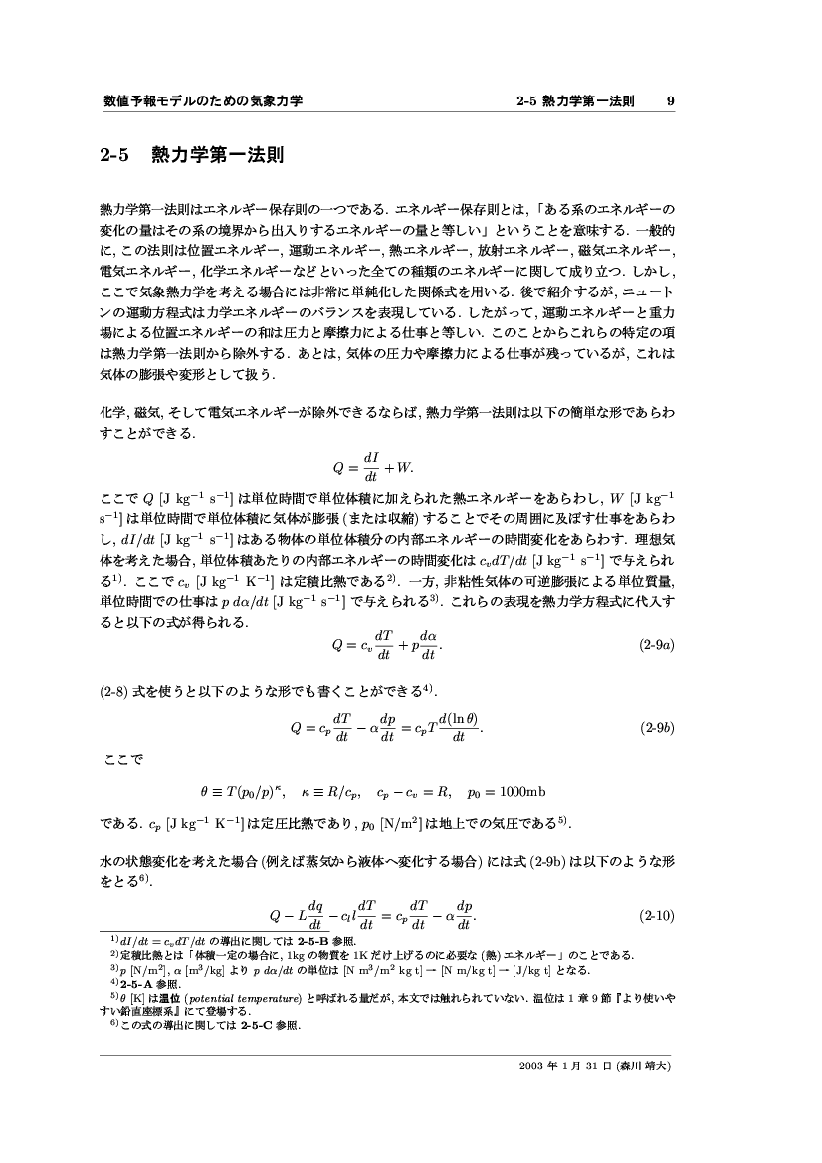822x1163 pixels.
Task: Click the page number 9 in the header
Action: (671, 101)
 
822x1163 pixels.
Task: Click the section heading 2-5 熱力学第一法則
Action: (193, 156)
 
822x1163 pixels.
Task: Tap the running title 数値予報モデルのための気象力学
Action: (203, 101)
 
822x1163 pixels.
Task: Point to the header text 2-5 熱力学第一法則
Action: (575, 101)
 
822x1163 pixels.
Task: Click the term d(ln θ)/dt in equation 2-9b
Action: (459, 728)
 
